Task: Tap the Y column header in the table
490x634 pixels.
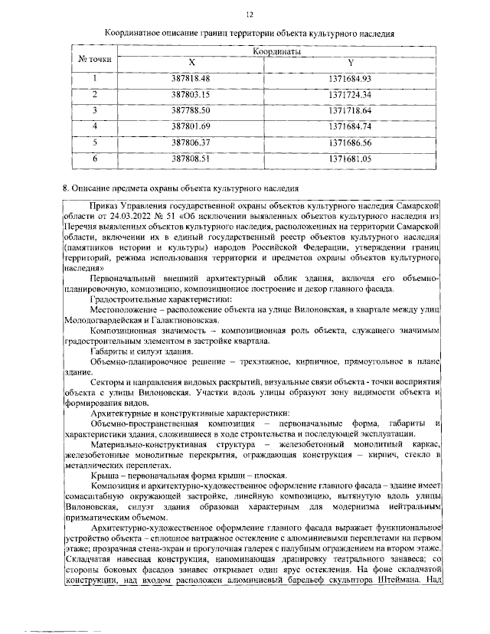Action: click(x=351, y=63)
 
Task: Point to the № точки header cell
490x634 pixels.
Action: click(x=95, y=57)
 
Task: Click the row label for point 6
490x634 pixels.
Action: click(x=95, y=158)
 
